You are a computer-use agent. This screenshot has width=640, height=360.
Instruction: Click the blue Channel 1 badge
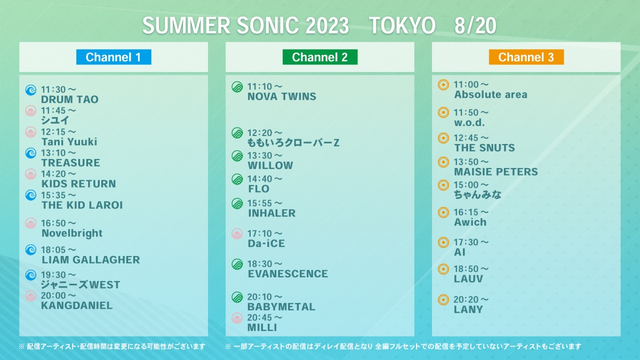(x=114, y=57)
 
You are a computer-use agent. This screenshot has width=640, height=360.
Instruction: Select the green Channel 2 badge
(x=320, y=57)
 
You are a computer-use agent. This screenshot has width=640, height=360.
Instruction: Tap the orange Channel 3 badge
(x=526, y=57)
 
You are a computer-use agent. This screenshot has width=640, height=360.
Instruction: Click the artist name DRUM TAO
(x=70, y=99)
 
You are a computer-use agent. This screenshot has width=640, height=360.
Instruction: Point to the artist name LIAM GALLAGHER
(x=91, y=260)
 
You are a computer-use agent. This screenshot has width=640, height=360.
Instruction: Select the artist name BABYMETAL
(x=282, y=307)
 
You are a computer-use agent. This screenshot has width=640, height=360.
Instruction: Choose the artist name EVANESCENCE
(x=287, y=274)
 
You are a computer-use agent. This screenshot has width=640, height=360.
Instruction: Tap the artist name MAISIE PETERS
(x=496, y=172)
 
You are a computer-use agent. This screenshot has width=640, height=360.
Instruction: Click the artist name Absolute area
(x=491, y=94)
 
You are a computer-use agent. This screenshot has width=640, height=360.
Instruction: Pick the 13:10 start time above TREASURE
(x=59, y=153)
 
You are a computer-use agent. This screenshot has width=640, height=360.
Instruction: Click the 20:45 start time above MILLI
(x=265, y=317)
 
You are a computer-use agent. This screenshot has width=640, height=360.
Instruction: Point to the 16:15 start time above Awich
(x=471, y=212)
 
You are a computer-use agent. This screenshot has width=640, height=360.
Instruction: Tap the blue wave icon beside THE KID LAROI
(x=31, y=195)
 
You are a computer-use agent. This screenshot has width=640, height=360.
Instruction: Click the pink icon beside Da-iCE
(x=237, y=234)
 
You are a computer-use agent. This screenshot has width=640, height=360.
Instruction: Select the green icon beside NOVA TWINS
(x=237, y=87)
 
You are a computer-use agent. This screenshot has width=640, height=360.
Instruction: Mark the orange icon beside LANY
(x=443, y=300)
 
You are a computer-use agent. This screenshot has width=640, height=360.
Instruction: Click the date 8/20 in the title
(x=475, y=26)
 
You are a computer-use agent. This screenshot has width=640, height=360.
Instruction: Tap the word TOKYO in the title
(x=402, y=26)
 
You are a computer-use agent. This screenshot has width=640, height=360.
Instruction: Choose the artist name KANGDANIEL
(x=77, y=306)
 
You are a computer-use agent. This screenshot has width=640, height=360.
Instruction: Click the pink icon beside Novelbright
(x=31, y=223)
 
